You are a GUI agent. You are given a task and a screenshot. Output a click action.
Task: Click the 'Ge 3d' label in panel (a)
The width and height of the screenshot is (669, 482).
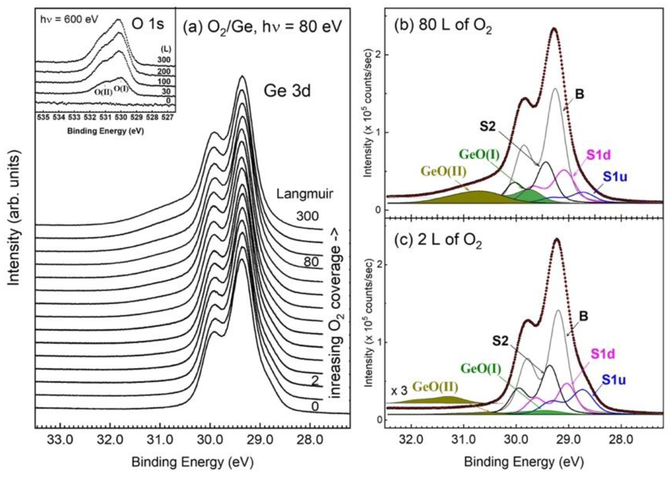tap(287, 91)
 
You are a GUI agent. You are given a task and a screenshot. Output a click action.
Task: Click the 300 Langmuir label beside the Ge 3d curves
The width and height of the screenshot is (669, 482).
tap(307, 216)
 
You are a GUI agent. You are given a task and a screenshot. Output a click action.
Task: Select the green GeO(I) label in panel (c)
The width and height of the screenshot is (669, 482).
tap(481, 369)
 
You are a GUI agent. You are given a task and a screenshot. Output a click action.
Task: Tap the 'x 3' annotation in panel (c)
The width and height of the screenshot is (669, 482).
tap(399, 391)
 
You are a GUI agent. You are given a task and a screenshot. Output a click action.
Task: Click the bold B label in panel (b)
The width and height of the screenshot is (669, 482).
tap(579, 95)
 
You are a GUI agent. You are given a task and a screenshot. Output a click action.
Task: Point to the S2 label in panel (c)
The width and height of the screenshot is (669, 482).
tap(501, 342)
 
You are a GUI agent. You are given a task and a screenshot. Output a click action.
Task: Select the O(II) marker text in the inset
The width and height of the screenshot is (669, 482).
tap(103, 92)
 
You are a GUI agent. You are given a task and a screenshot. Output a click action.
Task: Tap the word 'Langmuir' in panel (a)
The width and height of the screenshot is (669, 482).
tap(305, 194)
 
